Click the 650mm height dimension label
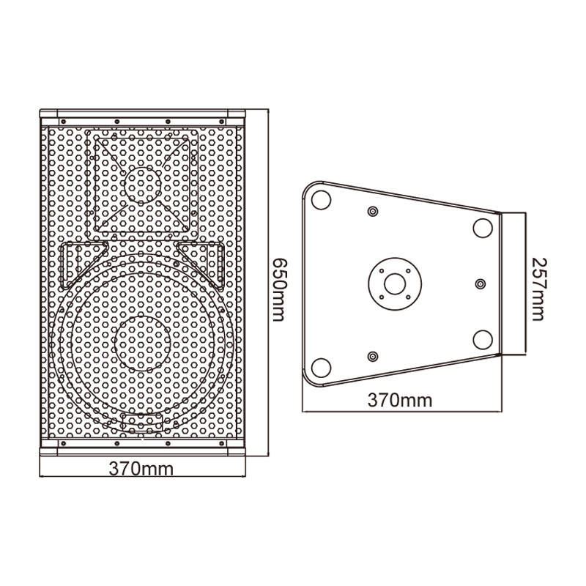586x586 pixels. tap(281, 289)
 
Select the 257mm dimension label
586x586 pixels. tap(538, 289)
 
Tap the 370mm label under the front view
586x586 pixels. tap(141, 468)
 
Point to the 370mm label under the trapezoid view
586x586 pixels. tap(400, 400)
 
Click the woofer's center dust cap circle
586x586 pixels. tap(142, 344)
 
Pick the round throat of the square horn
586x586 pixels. tap(143, 185)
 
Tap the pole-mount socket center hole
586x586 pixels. tap(395, 284)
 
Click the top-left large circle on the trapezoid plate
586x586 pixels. tap(321, 200)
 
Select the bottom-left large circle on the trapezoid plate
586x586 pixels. tap(321, 368)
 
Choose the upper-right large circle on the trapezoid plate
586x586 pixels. tap(483, 228)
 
